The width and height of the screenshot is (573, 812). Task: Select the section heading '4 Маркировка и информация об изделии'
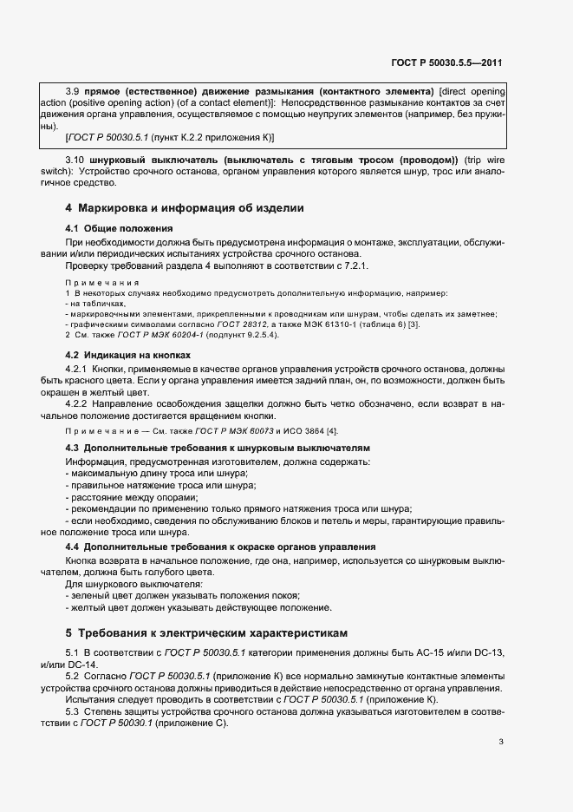point(185,208)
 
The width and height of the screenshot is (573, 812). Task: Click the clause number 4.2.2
point(79,403)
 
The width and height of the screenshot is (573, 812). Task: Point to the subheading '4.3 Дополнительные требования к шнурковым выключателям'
point(218,448)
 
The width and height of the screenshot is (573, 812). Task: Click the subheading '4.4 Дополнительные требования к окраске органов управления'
point(221,547)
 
